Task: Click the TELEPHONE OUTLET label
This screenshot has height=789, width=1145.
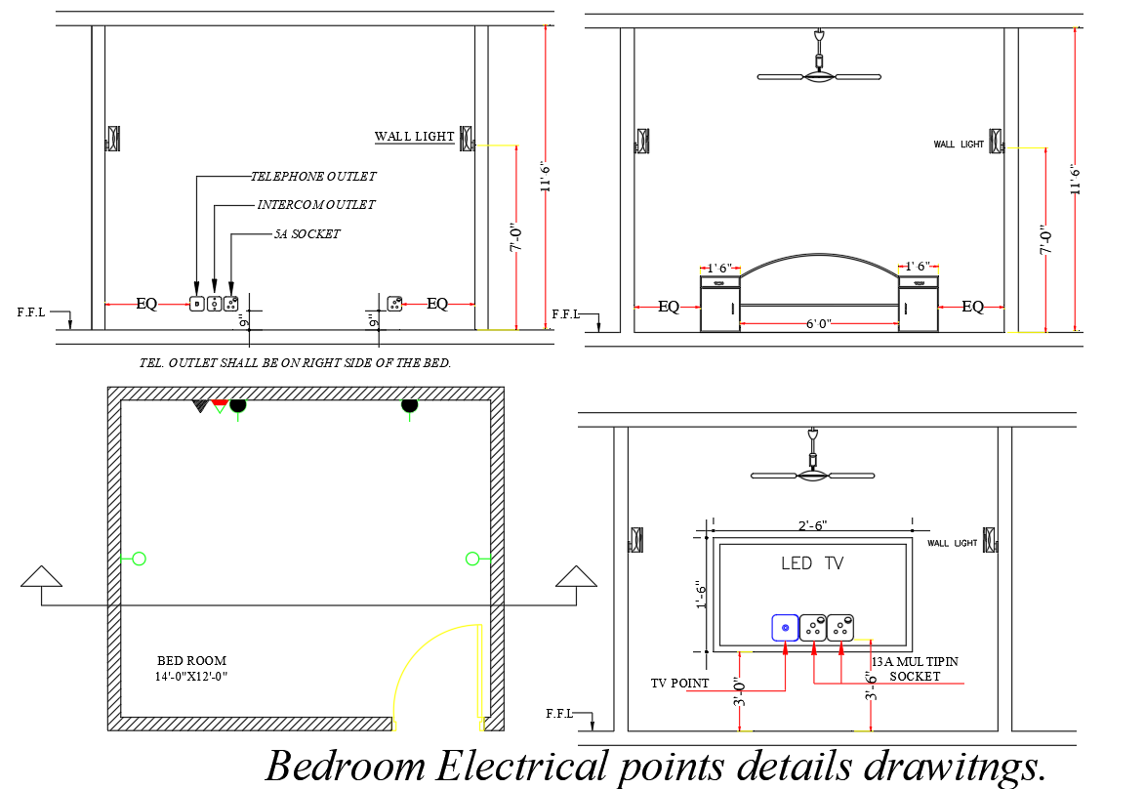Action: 312,177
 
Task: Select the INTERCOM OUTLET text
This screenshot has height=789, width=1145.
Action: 315,205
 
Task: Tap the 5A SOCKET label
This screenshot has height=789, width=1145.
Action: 307,234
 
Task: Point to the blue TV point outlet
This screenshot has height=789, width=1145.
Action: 785,627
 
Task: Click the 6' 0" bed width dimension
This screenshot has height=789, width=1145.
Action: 818,323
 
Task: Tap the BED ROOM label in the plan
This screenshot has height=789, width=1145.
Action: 191,661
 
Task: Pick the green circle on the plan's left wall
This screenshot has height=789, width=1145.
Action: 139,559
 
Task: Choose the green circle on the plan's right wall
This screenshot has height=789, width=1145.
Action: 472,559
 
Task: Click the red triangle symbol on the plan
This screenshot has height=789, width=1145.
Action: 220,402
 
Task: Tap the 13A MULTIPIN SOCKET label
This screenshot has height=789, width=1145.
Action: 915,669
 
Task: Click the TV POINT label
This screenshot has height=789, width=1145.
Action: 680,684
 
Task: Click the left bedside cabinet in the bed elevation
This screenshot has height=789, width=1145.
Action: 719,304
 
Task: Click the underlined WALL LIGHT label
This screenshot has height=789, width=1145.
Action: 415,137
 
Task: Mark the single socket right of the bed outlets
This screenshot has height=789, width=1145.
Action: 394,304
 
